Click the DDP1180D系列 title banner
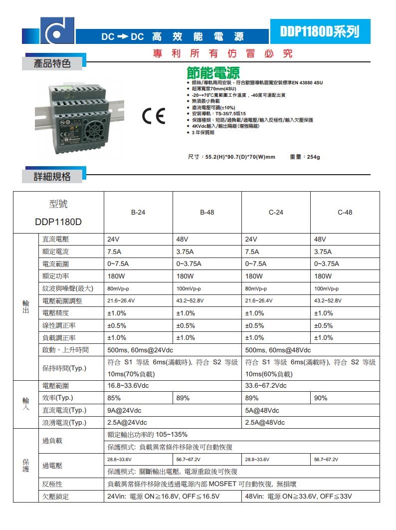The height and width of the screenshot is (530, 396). tap(320, 32)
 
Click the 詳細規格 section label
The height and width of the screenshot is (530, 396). tap(52, 176)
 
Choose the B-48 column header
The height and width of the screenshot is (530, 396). tap(207, 212)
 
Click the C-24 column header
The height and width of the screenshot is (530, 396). tap(276, 212)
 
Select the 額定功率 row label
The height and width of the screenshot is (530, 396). tap(56, 276)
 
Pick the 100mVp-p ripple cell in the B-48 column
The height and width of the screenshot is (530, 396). tap(189, 288)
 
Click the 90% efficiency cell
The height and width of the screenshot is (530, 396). tap(321, 398)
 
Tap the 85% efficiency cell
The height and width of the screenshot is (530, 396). tap(114, 398)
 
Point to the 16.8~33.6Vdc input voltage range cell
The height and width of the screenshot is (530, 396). tap(128, 386)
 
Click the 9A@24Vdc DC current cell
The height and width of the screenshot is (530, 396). tap(125, 410)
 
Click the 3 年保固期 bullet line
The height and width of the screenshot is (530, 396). tap(202, 132)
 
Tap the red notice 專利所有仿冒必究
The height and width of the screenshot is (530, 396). tap(222, 54)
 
